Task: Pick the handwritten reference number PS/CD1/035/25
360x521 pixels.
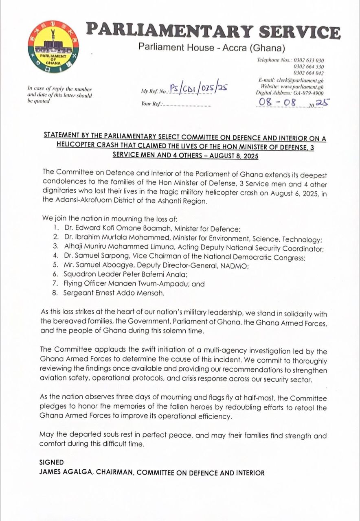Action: [198, 89]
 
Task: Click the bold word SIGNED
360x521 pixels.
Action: [51, 462]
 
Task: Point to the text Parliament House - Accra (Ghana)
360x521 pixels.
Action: [211, 48]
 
